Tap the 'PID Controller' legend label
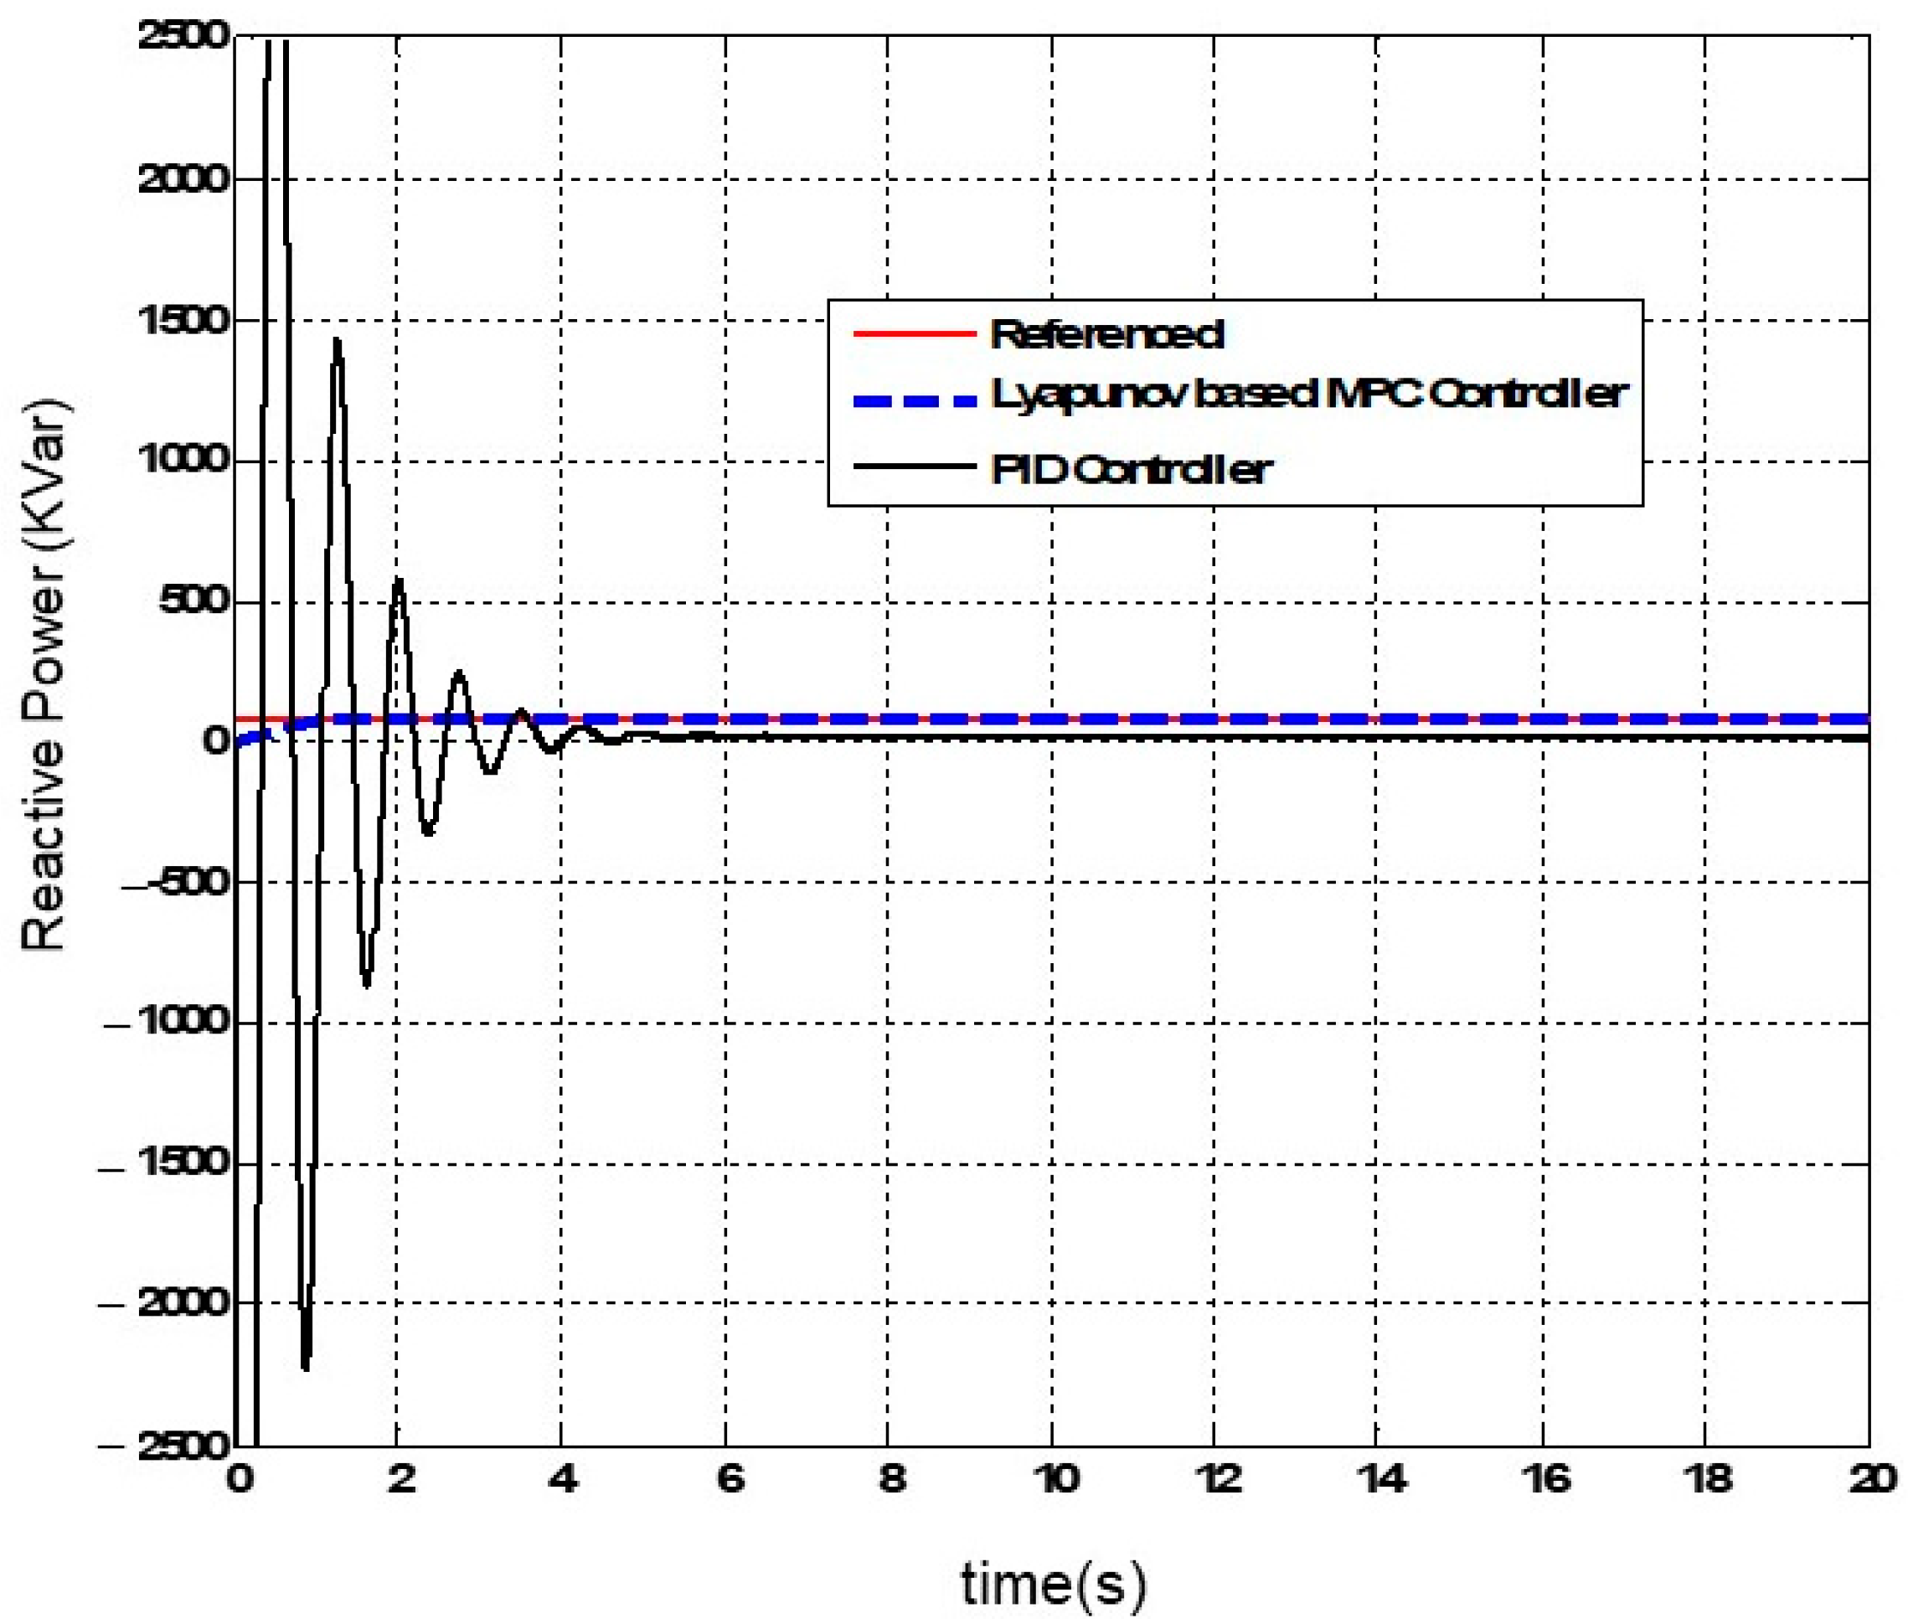1131,470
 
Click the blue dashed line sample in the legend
914,400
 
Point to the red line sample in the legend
914,333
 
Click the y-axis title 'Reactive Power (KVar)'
44,677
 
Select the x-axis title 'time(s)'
1054,1585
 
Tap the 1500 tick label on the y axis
183,322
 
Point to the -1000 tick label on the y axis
166,1023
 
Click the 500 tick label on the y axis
193,602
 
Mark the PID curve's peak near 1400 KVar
337,340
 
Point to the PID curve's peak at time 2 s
398,579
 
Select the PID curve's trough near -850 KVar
367,986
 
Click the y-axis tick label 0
215,740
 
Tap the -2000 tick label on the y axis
166,1303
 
